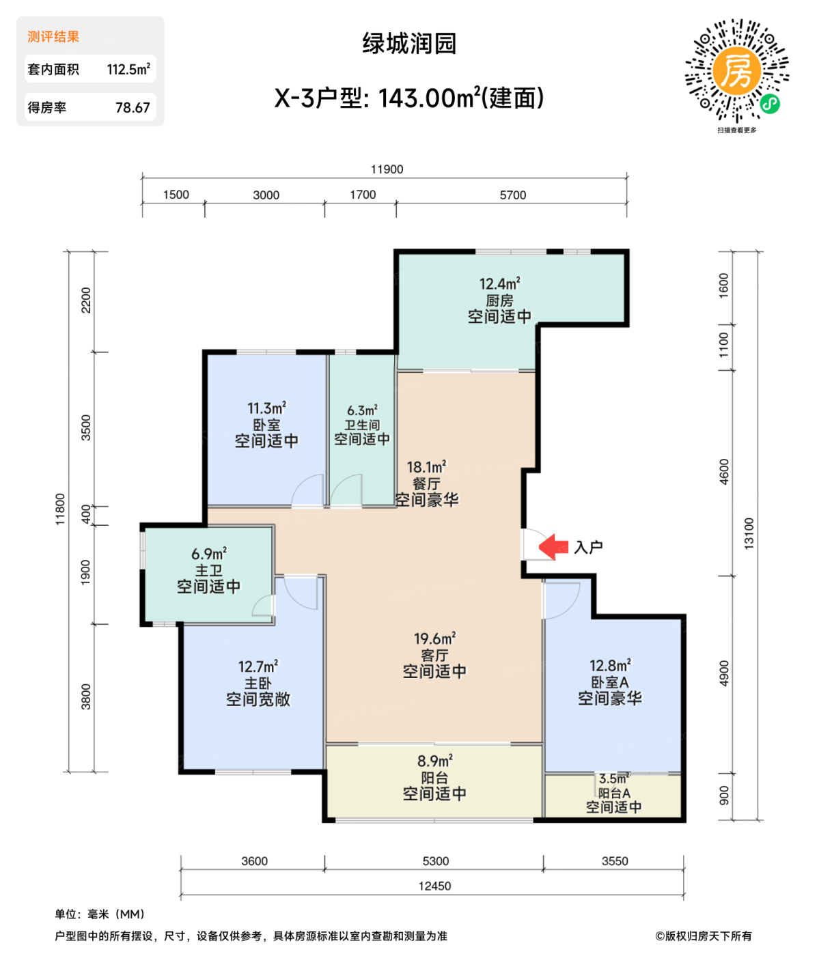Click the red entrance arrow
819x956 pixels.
point(553,547)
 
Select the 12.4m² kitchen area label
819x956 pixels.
point(499,283)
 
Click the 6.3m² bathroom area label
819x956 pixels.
point(362,410)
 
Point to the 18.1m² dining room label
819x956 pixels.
point(426,468)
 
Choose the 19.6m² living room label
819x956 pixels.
point(434,639)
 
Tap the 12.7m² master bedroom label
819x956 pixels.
point(258,666)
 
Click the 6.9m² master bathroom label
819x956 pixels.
point(208,554)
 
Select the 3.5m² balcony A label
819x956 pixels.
point(613,778)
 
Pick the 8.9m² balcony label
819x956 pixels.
point(434,761)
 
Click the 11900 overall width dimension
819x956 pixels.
point(387,169)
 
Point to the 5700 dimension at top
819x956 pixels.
point(512,195)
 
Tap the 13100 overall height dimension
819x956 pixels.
point(749,533)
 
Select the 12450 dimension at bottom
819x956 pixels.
point(434,886)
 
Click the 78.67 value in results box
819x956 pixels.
point(133,108)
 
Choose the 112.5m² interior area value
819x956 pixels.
point(128,70)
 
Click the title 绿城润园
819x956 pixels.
point(408,44)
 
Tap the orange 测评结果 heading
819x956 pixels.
point(53,37)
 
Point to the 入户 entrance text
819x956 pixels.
point(588,548)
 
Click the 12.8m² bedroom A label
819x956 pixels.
point(609,666)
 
